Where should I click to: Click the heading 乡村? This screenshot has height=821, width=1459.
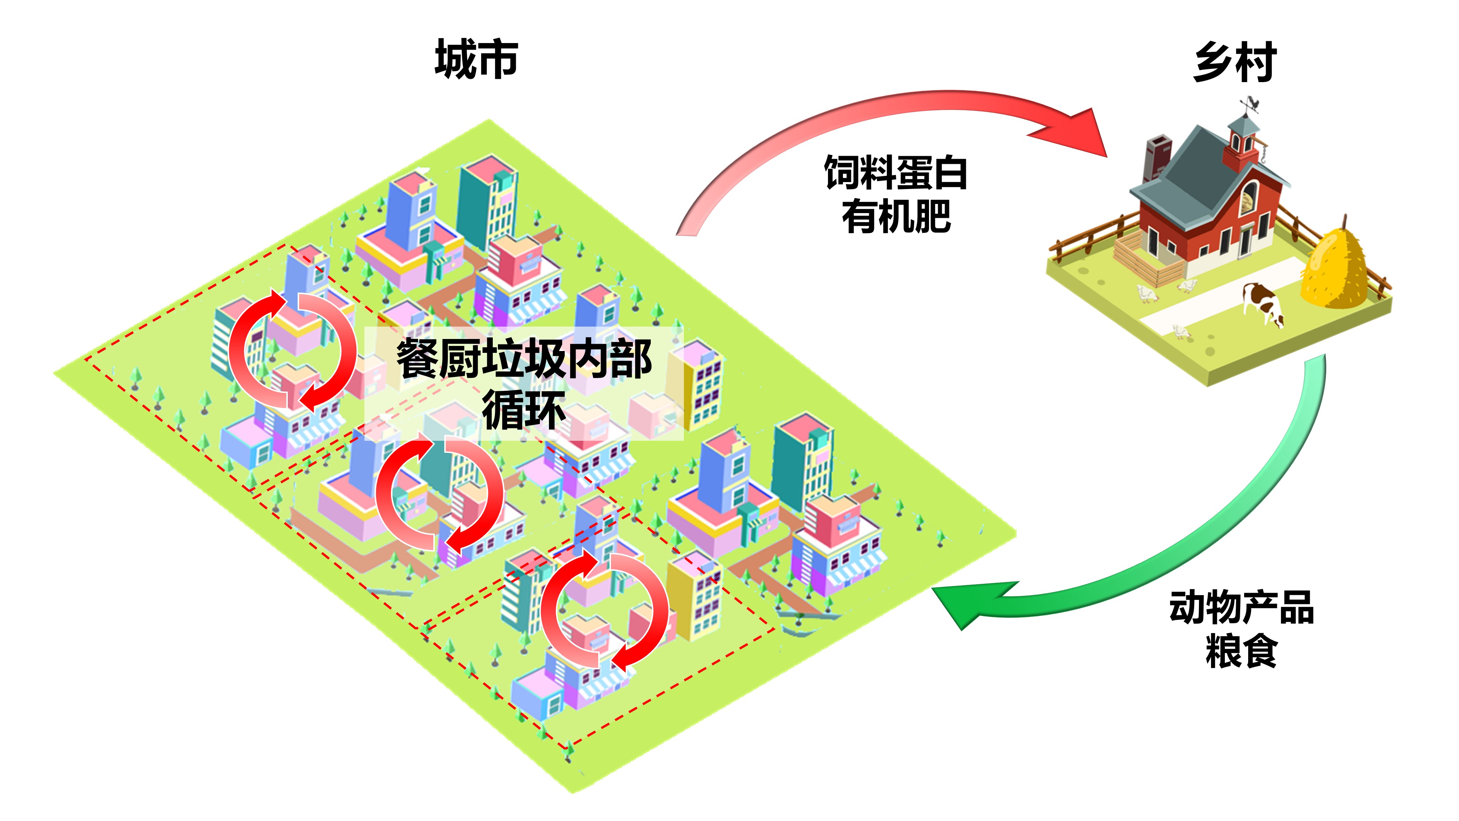(1235, 62)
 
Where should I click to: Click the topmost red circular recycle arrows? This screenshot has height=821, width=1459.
(292, 351)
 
